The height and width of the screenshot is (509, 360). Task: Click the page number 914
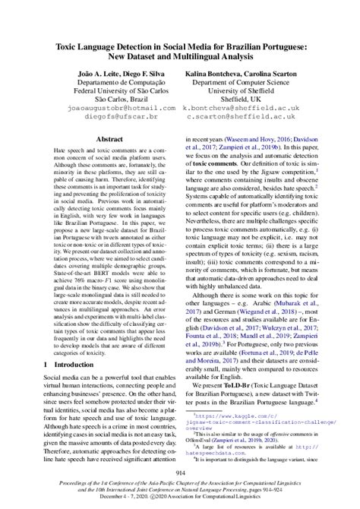[x=180, y=475]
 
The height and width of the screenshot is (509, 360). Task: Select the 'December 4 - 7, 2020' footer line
[x=180, y=501]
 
